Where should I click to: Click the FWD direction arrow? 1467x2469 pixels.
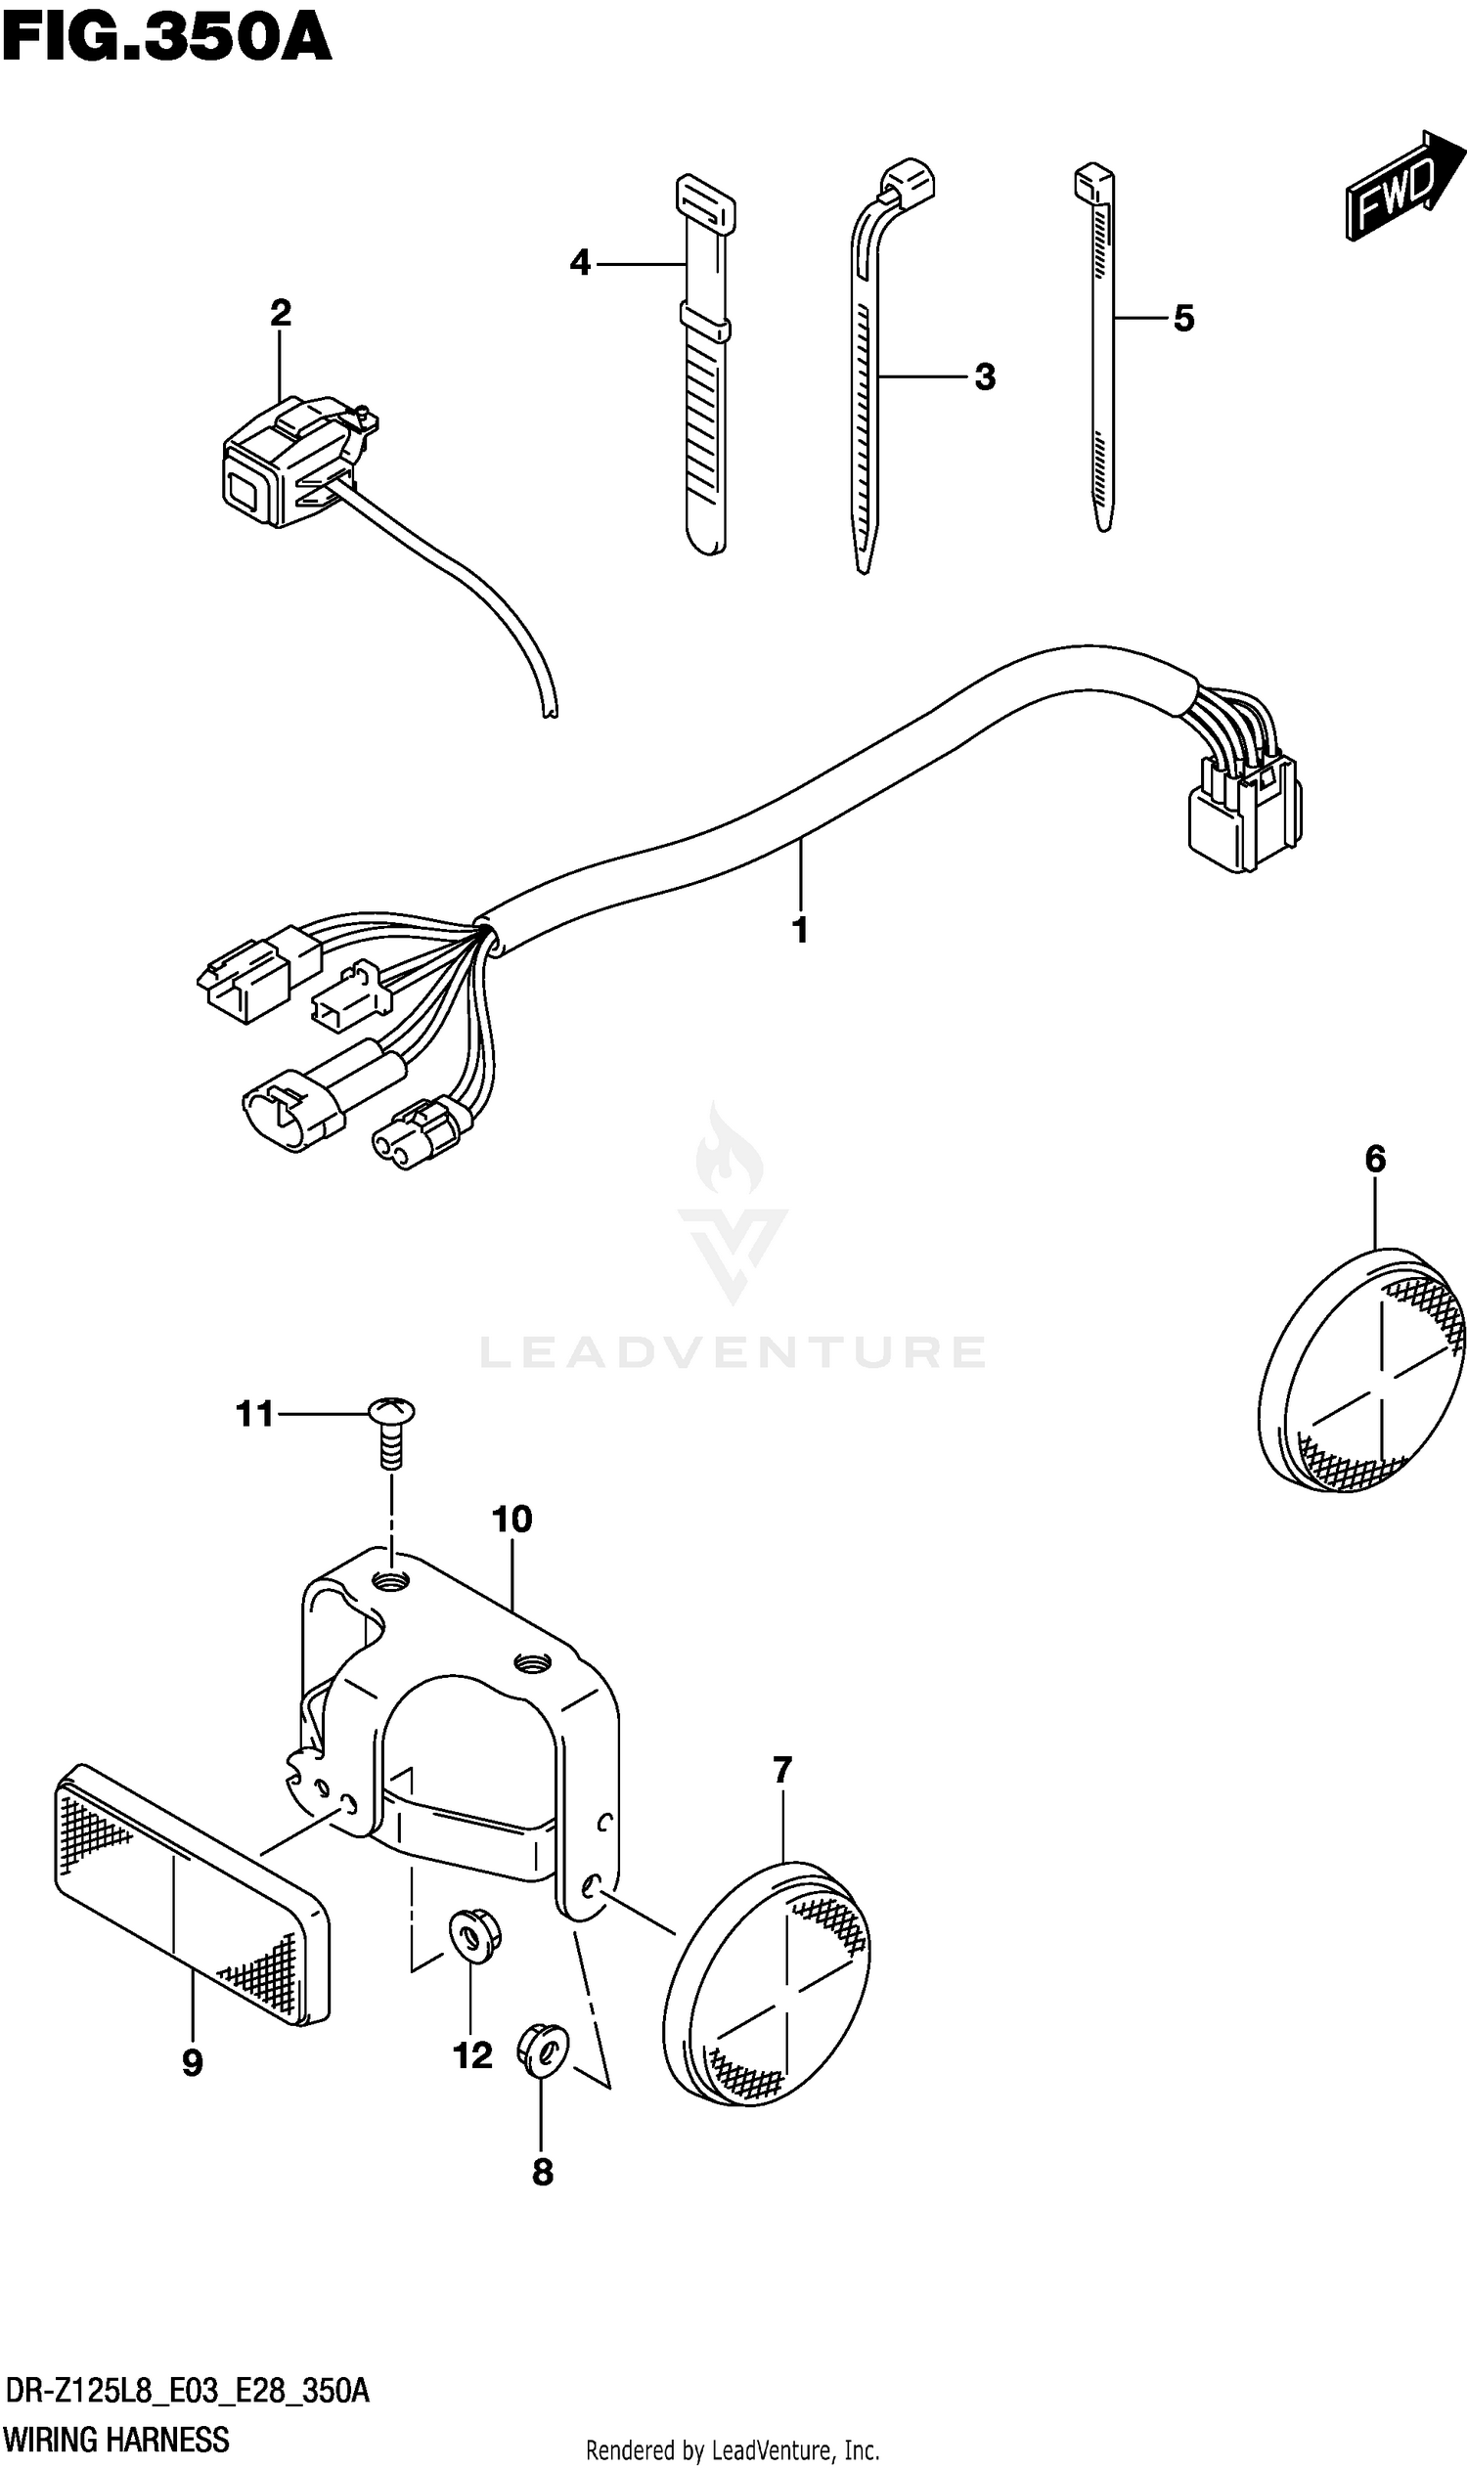click(x=1401, y=185)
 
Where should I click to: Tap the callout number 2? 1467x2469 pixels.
click(x=281, y=314)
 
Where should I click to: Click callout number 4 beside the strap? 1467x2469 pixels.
click(x=580, y=263)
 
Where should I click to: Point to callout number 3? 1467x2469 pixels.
click(x=985, y=376)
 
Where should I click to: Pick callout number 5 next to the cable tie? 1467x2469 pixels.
click(x=1183, y=318)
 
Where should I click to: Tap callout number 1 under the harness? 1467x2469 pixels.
click(x=801, y=930)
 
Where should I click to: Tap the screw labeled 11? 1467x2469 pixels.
click(x=391, y=1423)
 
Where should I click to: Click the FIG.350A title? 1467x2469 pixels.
click(x=166, y=39)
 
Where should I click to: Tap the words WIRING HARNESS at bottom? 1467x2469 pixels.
click(x=116, y=2441)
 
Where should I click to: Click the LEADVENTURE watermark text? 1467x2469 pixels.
click(x=733, y=1352)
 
